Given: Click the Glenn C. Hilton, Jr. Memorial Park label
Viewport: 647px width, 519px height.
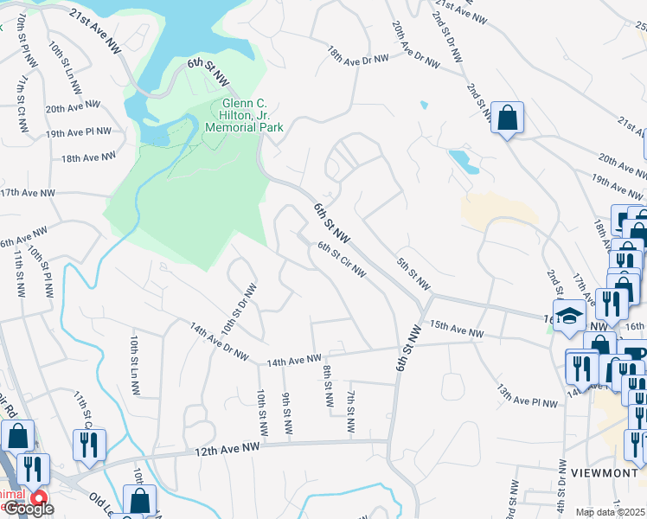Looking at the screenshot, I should pos(244,115).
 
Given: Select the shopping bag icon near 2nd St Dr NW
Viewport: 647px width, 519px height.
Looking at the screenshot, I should pos(507,118).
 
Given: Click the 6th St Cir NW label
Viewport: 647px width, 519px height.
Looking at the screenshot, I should pos(342,260).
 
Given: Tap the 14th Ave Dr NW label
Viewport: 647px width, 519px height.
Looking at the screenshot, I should pos(220,343).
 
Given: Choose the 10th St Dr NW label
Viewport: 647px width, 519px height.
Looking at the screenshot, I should pos(241,309).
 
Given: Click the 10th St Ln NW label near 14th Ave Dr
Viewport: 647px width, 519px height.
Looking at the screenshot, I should pos(135,365).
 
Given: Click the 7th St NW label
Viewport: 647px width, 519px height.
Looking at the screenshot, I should pos(351,412).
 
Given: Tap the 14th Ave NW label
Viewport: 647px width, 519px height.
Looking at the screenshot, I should pos(294,358).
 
